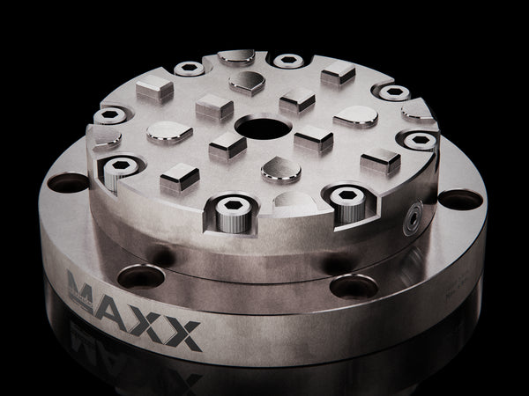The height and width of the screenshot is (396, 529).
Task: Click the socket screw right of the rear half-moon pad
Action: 287,61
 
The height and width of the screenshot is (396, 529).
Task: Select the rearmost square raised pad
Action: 336,74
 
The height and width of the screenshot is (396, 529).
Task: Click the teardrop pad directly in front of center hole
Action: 281,167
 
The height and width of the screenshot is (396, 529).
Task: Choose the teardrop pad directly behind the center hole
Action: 247,83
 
